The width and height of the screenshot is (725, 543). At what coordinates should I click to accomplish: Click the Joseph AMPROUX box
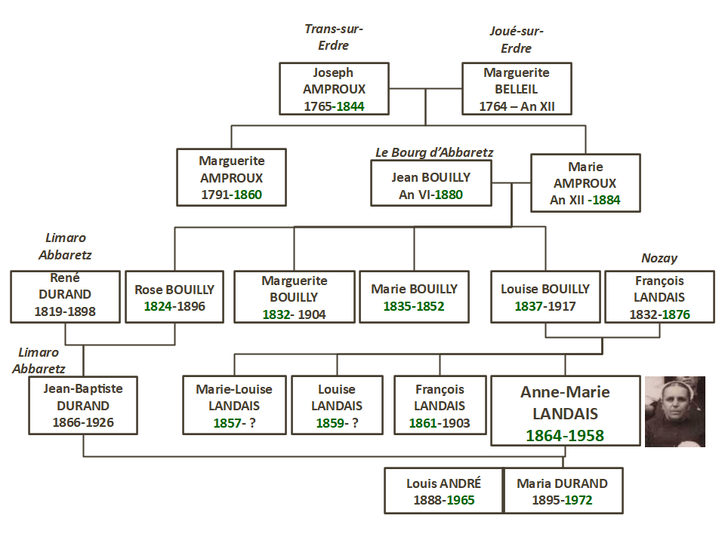click(x=334, y=89)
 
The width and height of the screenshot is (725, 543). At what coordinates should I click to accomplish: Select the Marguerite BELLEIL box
click(x=517, y=89)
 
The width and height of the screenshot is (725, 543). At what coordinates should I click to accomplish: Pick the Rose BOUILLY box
click(x=174, y=296)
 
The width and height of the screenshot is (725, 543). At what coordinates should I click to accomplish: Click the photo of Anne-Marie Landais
click(x=674, y=412)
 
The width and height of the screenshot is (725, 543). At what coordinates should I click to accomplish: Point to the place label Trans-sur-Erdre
click(x=334, y=37)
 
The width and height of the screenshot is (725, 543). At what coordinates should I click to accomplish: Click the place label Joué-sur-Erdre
click(x=517, y=39)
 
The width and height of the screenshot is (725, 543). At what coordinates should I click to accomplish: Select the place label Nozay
click(x=659, y=259)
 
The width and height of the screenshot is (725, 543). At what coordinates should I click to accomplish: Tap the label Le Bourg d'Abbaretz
click(x=434, y=152)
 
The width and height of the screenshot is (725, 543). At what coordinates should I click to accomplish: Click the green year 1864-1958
click(x=565, y=436)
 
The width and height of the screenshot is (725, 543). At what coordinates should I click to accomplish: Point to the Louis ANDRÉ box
click(x=443, y=491)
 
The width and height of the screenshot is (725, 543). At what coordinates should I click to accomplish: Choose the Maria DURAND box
click(x=562, y=491)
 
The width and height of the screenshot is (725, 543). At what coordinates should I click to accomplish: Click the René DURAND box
click(x=65, y=296)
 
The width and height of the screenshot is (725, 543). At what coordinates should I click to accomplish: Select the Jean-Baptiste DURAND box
click(x=83, y=405)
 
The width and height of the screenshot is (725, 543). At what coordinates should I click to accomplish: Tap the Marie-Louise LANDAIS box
click(x=234, y=405)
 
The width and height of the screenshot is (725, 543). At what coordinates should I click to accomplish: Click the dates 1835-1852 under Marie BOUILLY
click(x=414, y=306)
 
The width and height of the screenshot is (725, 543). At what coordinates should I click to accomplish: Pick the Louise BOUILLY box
click(x=545, y=296)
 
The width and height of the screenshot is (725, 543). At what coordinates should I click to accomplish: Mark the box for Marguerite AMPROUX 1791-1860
click(x=231, y=177)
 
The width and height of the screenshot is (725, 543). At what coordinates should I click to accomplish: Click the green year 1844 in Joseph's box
click(x=350, y=106)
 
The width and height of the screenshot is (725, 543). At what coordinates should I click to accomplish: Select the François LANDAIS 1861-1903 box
click(x=440, y=405)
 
